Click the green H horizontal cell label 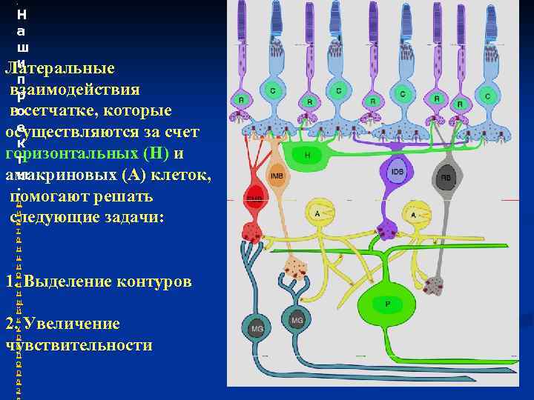point(307,156)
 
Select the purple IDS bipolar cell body point(398,173)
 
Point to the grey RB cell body point(446,177)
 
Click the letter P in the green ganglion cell point(387,304)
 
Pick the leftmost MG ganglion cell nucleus point(257,328)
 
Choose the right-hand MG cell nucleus point(297,320)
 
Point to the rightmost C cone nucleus point(487,96)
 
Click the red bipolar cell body point(254,200)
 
